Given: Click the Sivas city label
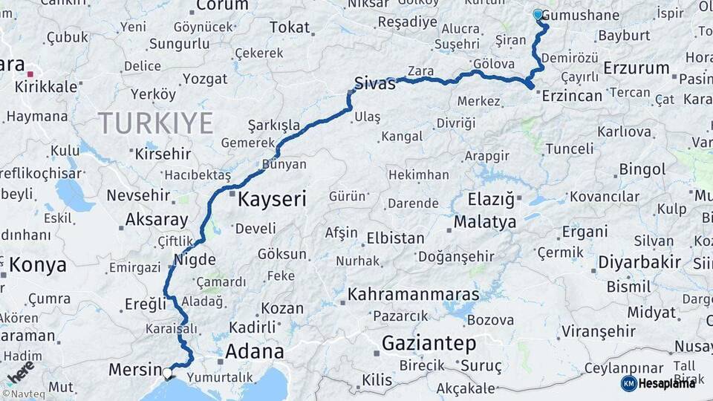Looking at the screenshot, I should coord(375,83).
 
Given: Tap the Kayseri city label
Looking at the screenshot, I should coord(272,199).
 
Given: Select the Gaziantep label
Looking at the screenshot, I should coord(429,343).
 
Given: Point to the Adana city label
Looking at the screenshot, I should coord(254,351).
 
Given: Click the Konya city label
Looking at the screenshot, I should coord(38,265).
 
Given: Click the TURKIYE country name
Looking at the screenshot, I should coord(156,123).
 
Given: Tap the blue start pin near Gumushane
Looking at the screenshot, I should coord(538,13).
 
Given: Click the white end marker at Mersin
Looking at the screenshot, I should coord(168,373).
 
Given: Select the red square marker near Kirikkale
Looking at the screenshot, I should coord(30,74).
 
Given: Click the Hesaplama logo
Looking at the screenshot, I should coord(658,383).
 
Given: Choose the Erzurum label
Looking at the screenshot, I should coord(637,68).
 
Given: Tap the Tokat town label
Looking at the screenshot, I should coord(290,27).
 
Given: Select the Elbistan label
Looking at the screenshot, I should coord(395,239).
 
